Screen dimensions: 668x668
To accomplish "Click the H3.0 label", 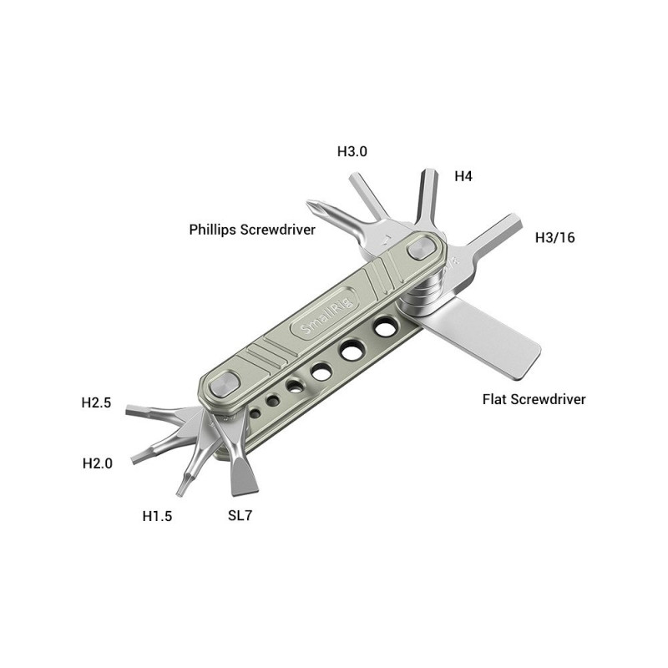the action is (x=352, y=151).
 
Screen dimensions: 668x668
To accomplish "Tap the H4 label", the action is (x=463, y=176).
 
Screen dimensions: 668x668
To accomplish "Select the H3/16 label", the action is (x=554, y=237).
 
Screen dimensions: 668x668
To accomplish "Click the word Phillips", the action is (x=212, y=230).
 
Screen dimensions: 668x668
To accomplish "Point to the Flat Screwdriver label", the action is (x=534, y=399).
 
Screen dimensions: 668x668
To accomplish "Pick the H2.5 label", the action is (x=96, y=402).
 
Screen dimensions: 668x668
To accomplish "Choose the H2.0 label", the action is (x=98, y=463).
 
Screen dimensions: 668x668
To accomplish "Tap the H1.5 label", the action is (x=157, y=516).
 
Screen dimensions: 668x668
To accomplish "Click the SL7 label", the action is (x=240, y=515).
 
